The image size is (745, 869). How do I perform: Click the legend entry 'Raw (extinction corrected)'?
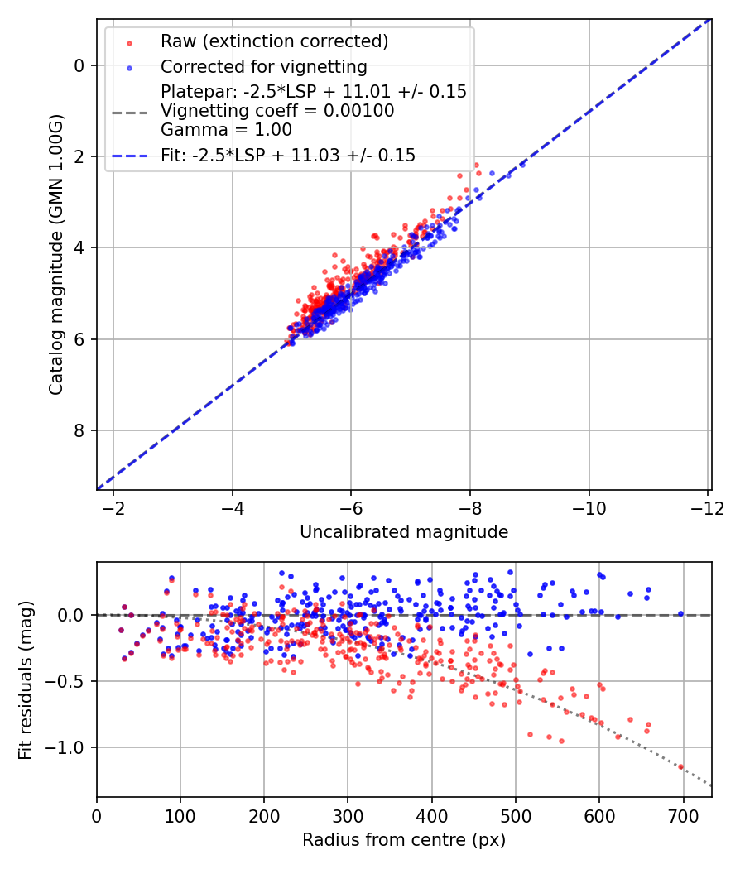(274, 41)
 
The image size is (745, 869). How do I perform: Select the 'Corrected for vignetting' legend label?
(264, 66)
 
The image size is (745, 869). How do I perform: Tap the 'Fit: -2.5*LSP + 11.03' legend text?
(287, 155)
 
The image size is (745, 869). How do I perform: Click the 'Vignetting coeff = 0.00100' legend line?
(277, 111)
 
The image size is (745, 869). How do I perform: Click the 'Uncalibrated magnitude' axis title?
(404, 532)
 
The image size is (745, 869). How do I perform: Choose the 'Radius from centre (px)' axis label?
(404, 840)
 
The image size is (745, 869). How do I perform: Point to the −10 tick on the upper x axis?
(589, 507)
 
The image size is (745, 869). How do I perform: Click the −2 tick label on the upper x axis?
(113, 507)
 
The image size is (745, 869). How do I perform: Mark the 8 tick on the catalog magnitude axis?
(79, 430)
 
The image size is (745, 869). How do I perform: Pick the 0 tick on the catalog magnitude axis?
(79, 65)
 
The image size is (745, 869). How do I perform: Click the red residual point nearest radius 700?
(681, 766)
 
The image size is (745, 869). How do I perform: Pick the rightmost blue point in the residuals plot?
(680, 613)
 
